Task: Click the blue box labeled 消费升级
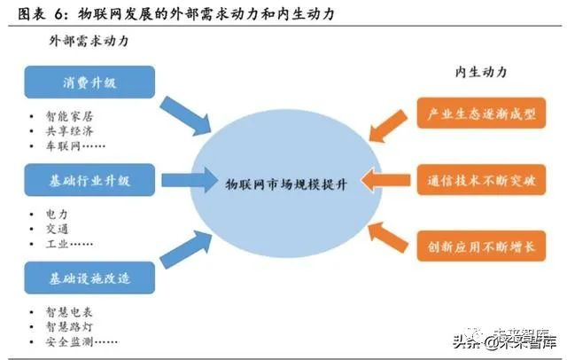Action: click(x=89, y=82)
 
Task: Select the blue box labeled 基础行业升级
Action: click(x=89, y=181)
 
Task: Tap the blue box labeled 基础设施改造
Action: click(x=89, y=277)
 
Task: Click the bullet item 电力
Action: click(x=57, y=214)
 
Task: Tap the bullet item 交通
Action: click(x=57, y=228)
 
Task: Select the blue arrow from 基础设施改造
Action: click(x=186, y=250)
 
